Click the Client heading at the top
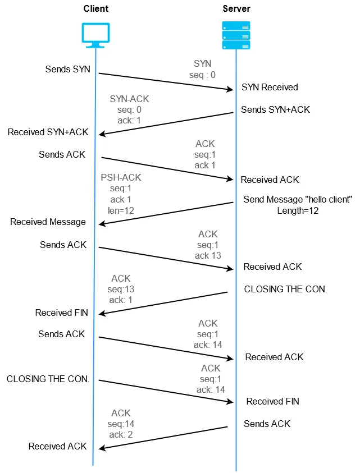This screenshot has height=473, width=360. click(95, 9)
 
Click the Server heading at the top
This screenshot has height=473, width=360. click(236, 9)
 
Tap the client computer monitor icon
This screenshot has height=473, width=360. click(95, 35)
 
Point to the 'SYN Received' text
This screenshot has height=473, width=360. click(270, 88)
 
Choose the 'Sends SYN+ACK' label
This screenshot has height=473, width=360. click(275, 109)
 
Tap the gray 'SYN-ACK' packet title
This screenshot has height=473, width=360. click(130, 99)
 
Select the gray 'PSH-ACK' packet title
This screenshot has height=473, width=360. click(121, 177)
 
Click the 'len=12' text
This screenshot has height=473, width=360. click(121, 211)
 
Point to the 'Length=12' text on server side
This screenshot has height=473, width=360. click(297, 210)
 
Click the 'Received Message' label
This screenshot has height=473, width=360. click(48, 222)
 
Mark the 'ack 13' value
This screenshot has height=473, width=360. click(208, 255)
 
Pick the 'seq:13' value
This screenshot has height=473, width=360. click(121, 289)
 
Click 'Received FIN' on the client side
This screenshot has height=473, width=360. click(61, 313)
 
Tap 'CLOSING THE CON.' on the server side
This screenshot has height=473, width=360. click(285, 290)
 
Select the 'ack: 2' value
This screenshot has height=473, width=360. click(122, 434)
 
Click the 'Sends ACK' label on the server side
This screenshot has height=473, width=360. click(267, 424)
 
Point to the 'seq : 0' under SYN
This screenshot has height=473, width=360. click(202, 75)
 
